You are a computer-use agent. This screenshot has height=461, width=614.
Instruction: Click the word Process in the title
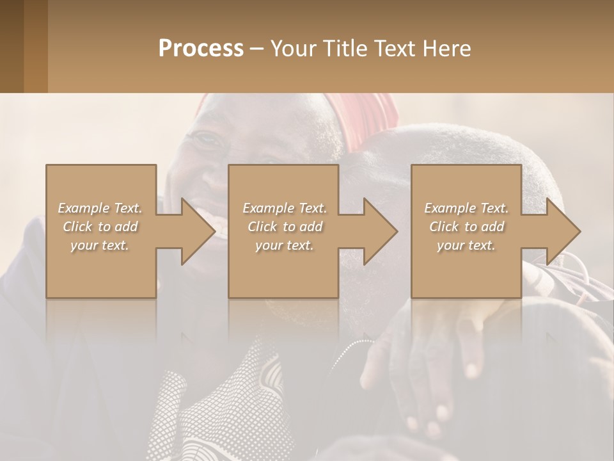[x=201, y=49]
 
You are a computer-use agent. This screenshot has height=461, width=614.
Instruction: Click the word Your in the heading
[x=292, y=49]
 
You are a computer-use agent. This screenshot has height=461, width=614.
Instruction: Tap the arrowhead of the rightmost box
[x=562, y=231]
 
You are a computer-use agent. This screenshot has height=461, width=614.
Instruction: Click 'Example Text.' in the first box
[x=100, y=208]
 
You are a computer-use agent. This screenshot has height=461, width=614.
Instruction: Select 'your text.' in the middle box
[x=285, y=245]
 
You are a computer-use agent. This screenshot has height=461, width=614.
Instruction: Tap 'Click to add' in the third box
[x=466, y=227]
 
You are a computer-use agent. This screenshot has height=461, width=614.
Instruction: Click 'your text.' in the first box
[x=100, y=245]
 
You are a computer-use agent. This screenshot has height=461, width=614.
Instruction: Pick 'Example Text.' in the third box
[x=466, y=208]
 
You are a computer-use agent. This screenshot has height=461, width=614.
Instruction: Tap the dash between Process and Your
[x=256, y=49]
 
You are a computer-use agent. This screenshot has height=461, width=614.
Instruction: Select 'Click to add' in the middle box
[x=285, y=227]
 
